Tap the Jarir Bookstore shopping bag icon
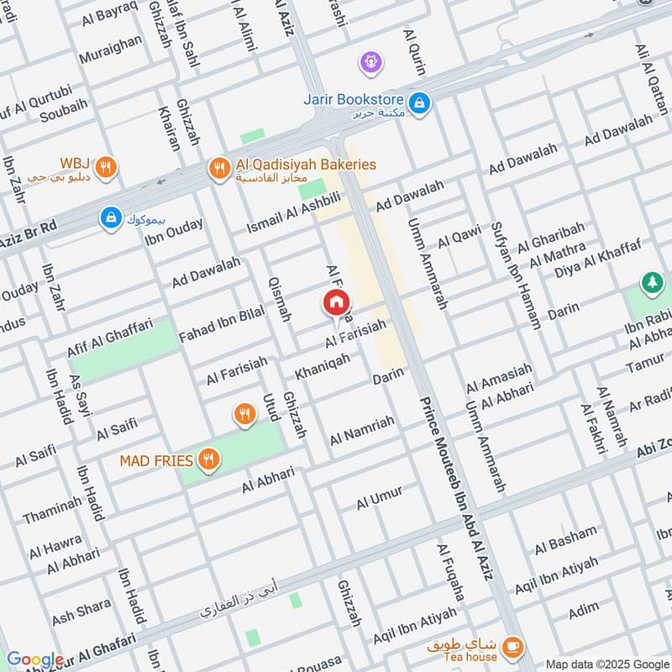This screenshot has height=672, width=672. click(420, 103)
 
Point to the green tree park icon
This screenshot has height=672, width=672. click(650, 283)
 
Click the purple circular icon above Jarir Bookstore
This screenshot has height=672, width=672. click(370, 60)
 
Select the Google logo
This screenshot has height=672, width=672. click(34, 659)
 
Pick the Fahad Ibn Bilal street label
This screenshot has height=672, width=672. click(221, 325)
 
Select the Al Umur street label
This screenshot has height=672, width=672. click(380, 498)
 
